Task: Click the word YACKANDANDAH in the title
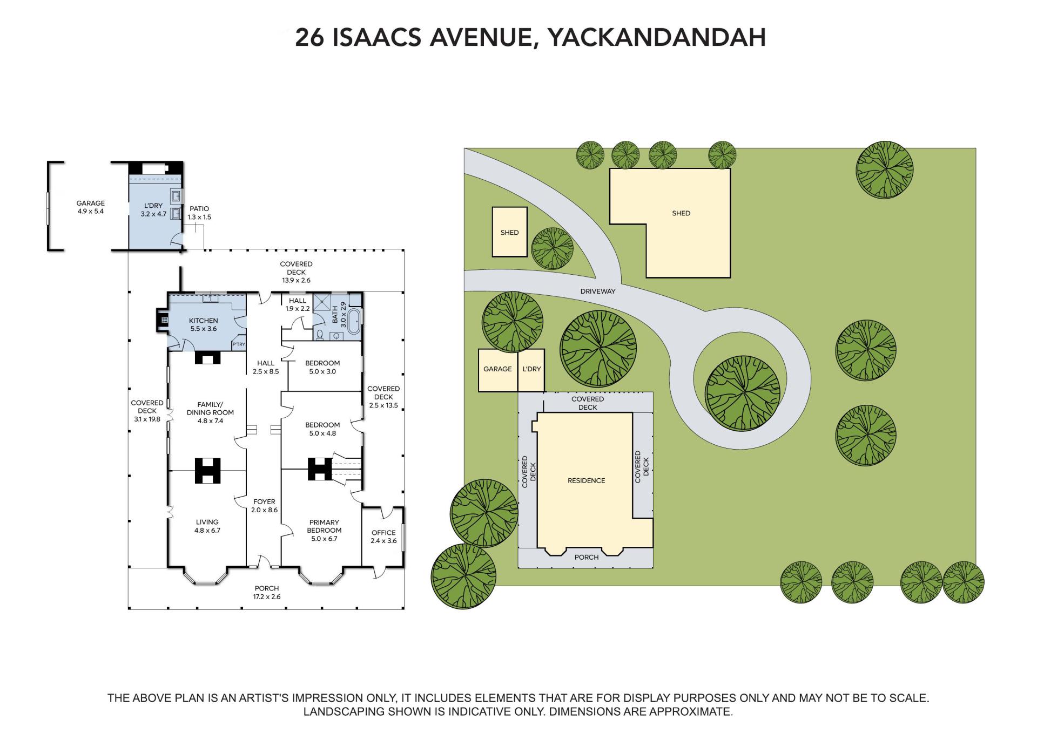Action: point(656,37)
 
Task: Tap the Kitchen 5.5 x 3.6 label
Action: point(203,324)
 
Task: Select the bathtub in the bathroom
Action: point(355,322)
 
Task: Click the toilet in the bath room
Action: point(320,335)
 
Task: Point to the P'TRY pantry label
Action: point(239,344)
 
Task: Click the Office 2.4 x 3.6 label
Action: point(383,537)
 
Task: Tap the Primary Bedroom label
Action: point(324,530)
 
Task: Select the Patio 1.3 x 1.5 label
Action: point(199,213)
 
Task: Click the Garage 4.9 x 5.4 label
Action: point(91,207)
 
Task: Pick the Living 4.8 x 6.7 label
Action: point(207,526)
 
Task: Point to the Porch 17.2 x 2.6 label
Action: point(267,592)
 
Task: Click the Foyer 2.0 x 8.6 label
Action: point(264,506)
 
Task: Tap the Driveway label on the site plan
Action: point(598,291)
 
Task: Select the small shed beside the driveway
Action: point(509,232)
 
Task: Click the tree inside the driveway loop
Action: point(743,392)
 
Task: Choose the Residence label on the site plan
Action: point(586,480)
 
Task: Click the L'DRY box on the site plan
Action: point(531,370)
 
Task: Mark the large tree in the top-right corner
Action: point(884,169)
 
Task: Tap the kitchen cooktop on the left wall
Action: point(162,320)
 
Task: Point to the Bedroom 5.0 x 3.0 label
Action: point(322,367)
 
